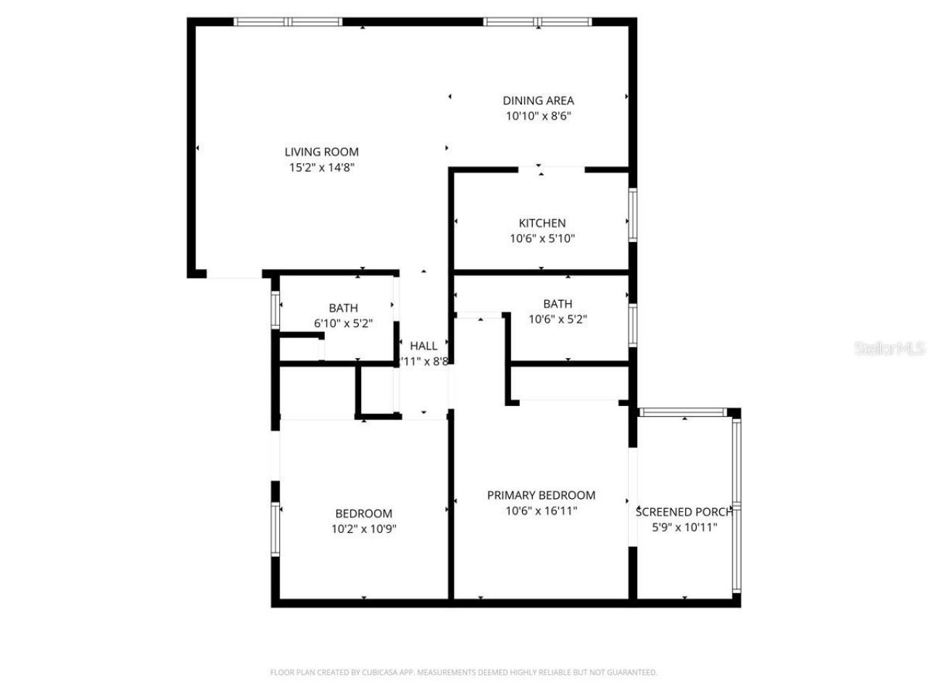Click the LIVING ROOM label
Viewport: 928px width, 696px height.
click(x=321, y=152)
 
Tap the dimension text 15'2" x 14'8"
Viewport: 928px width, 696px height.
click(x=321, y=167)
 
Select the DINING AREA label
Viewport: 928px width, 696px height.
click(x=538, y=101)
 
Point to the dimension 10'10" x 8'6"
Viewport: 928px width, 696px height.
click(x=538, y=116)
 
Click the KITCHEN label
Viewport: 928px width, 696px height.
click(x=542, y=223)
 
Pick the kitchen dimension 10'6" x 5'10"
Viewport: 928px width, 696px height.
click(x=542, y=239)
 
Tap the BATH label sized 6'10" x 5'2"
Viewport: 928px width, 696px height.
click(x=343, y=308)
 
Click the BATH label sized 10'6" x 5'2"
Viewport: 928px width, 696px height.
click(x=558, y=304)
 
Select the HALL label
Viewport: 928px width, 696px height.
click(x=423, y=346)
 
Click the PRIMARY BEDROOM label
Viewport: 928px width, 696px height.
click(x=541, y=495)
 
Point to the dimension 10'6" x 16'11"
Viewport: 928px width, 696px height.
click(x=541, y=510)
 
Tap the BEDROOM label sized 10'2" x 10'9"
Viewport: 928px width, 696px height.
click(x=363, y=513)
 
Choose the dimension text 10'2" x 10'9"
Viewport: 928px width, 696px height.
click(x=363, y=529)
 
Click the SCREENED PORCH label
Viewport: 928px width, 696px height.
click(x=684, y=512)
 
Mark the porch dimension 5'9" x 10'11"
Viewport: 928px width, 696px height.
click(x=684, y=527)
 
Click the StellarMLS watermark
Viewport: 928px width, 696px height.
click(x=890, y=349)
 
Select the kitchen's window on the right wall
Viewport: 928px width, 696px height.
click(x=632, y=215)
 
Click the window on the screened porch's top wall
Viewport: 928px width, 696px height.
click(x=682, y=413)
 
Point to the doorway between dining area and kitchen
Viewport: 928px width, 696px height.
click(x=551, y=170)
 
